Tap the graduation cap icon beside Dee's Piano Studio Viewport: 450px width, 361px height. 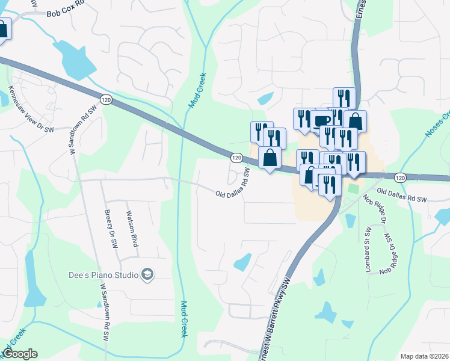(x=147, y=275)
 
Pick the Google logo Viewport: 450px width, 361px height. (x=20, y=354)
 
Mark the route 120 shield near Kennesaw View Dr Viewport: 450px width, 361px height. (x=106, y=99)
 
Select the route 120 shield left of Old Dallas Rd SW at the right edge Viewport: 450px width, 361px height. (x=401, y=177)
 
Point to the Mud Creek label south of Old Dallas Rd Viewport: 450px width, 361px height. (x=185, y=319)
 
